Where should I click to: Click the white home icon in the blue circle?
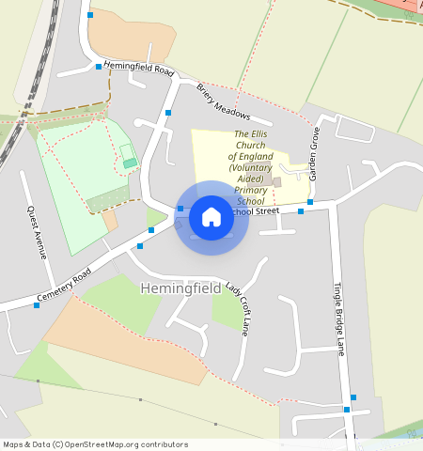click(211, 217)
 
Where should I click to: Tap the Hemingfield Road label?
click(139, 69)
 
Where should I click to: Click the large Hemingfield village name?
click(180, 288)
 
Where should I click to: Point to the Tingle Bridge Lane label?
click(338, 320)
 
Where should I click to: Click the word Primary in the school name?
click(250, 189)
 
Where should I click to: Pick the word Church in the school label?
click(251, 146)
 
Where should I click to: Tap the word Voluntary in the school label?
click(250, 167)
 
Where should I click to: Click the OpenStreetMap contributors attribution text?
click(122, 444)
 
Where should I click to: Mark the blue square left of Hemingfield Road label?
click(98, 67)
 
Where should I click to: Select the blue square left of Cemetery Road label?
click(37, 305)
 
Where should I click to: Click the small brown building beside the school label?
click(276, 181)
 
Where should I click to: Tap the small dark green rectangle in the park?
click(130, 163)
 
